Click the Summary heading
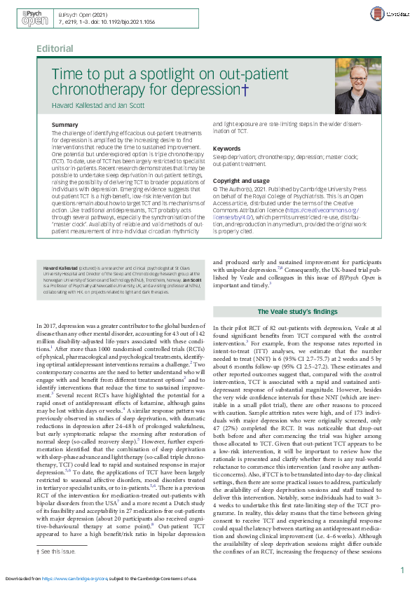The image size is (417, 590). pyautogui.click(x=65, y=125)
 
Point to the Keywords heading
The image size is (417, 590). pyautogui.click(x=226, y=149)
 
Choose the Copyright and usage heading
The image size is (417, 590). pyautogui.click(x=240, y=181)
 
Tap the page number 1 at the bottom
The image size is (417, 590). pyautogui.click(x=402, y=570)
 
